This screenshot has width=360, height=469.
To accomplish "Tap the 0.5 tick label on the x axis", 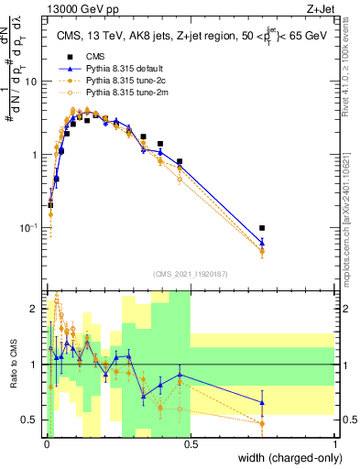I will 190,444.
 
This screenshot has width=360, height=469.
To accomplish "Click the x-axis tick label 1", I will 334,444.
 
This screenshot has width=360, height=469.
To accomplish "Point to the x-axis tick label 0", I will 46,444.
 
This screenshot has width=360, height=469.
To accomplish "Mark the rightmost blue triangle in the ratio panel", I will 262,402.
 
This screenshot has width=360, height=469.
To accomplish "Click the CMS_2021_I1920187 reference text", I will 190,274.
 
